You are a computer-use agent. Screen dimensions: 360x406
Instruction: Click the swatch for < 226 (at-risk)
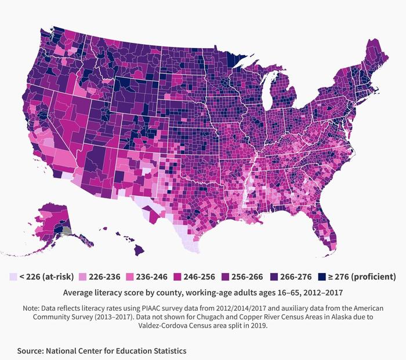pyautogui.click(x=13, y=277)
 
